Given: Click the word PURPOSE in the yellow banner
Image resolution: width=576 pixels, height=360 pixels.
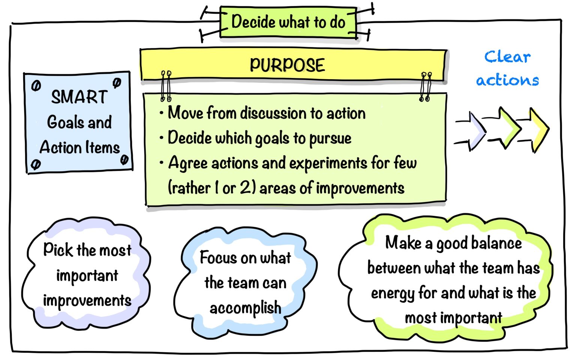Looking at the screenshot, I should click(x=287, y=65).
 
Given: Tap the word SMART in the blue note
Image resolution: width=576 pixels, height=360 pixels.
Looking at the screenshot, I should click(x=79, y=97).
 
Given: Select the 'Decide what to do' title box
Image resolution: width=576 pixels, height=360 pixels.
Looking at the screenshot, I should click(x=288, y=22).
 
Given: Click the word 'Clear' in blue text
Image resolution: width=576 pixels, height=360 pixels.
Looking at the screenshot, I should click(x=507, y=57).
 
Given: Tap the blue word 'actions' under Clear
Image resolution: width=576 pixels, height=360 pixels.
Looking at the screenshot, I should click(x=507, y=80).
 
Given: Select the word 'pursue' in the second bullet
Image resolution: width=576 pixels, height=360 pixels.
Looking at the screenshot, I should click(x=330, y=138).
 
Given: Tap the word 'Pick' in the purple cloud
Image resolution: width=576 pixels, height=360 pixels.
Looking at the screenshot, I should click(x=58, y=249).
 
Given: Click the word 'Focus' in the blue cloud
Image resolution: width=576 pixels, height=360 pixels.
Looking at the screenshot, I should click(x=217, y=258).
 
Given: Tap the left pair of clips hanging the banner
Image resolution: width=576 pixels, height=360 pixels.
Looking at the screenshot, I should click(x=166, y=86).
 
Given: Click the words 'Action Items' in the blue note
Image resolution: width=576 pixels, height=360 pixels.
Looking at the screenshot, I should click(x=79, y=147).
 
